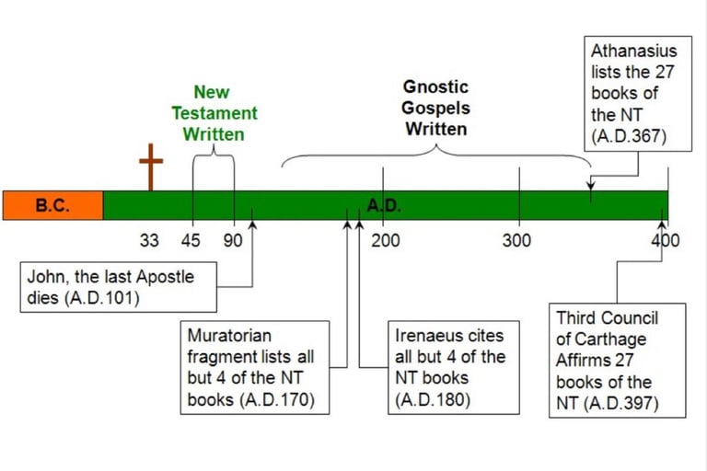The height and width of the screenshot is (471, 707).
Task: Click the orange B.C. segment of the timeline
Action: click(x=52, y=205)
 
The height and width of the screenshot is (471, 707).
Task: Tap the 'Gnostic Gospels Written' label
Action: click(x=436, y=108)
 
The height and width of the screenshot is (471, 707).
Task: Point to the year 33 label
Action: click(x=149, y=241)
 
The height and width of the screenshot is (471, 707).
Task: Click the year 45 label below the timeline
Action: click(x=191, y=241)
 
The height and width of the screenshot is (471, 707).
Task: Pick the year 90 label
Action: click(x=233, y=241)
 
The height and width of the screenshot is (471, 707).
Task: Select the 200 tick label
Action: click(x=385, y=241)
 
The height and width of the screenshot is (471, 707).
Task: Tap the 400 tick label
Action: click(x=665, y=241)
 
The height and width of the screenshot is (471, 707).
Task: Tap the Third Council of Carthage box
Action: click(x=617, y=360)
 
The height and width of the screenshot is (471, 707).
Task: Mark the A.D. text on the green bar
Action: click(x=384, y=205)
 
